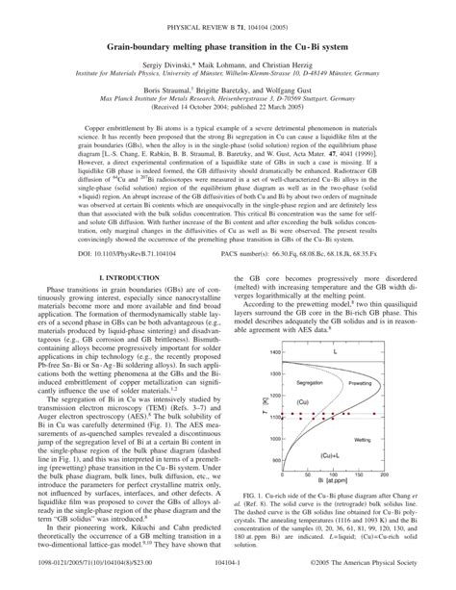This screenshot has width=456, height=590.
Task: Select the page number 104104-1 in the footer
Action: pos(227,579)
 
